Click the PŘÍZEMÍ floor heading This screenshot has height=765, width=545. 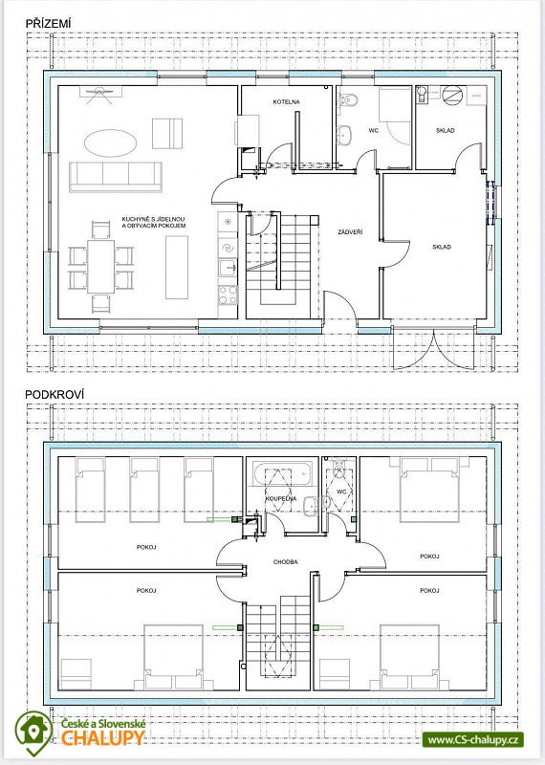(x=49, y=23)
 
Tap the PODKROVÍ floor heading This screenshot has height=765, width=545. (x=54, y=394)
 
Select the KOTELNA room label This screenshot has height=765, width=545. (x=287, y=102)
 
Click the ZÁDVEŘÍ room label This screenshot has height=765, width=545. (x=350, y=232)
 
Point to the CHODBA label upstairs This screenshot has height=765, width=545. (x=286, y=562)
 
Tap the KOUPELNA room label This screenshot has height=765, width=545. (x=281, y=499)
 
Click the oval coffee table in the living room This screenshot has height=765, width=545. (x=110, y=142)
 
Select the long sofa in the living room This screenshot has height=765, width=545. (x=115, y=177)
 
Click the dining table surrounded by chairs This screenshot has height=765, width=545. (x=101, y=267)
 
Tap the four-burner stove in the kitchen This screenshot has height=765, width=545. (x=228, y=295)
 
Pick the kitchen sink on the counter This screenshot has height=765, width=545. (x=228, y=269)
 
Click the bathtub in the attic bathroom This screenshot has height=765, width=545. (x=282, y=473)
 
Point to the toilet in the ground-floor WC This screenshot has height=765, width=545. (x=348, y=99)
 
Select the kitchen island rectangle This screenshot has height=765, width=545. (x=177, y=267)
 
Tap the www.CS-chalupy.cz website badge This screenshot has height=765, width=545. (x=472, y=739)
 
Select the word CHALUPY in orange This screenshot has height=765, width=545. (x=103, y=738)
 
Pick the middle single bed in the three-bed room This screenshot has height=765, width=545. (x=144, y=490)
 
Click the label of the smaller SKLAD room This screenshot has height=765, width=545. (x=445, y=130)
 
